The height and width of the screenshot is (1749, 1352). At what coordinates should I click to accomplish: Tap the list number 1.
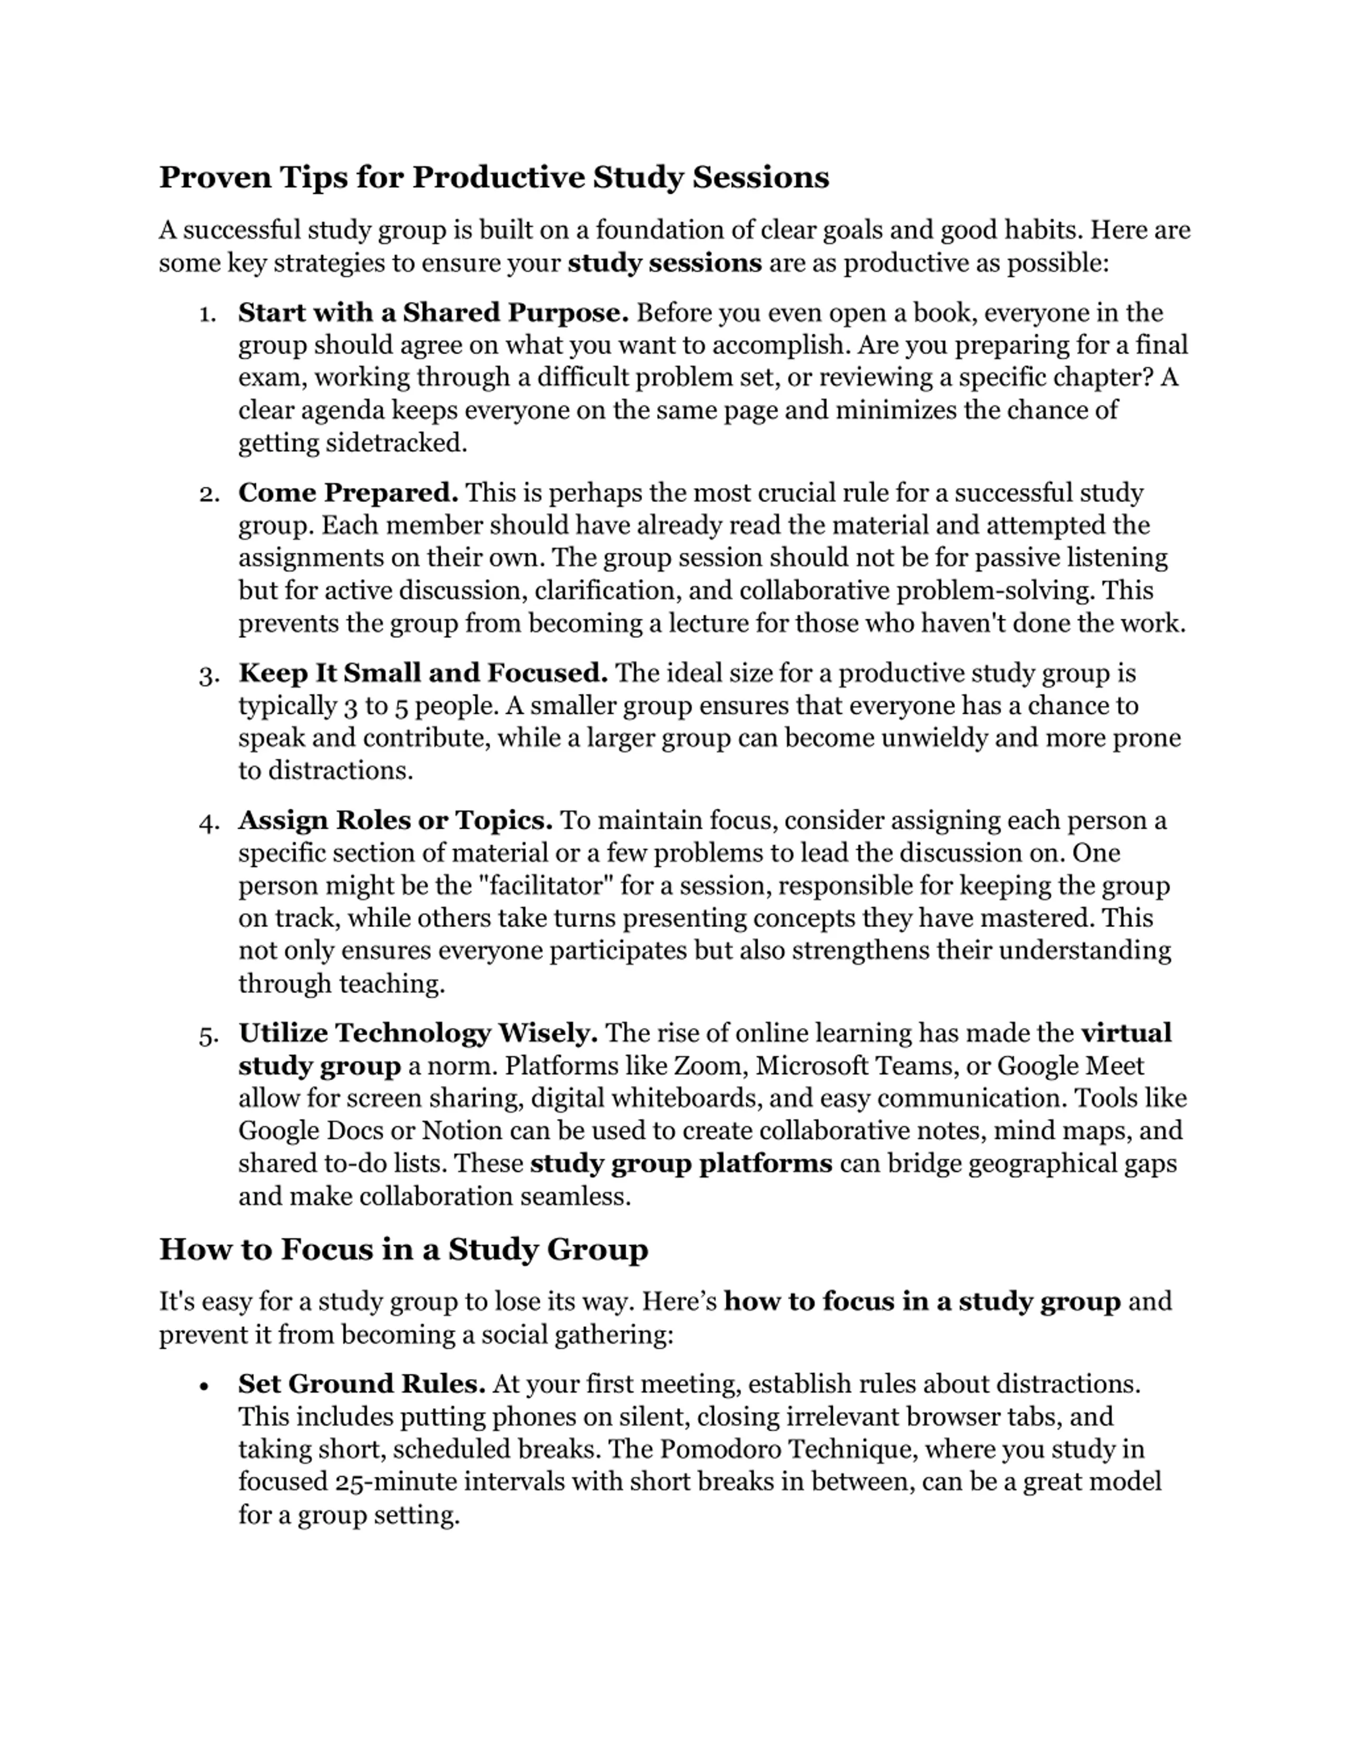coord(208,314)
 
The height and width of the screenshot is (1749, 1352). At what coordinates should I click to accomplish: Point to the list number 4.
coord(208,821)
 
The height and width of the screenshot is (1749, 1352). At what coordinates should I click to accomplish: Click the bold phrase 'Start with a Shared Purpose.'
coord(433,313)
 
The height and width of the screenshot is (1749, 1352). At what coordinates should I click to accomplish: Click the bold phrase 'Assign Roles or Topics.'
coord(396,820)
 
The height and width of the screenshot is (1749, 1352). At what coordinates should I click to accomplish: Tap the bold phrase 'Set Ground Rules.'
coord(362,1384)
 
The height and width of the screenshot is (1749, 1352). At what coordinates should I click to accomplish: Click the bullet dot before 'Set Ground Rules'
coord(205,1385)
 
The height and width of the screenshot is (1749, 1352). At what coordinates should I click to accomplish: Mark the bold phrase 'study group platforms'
coord(681,1164)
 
